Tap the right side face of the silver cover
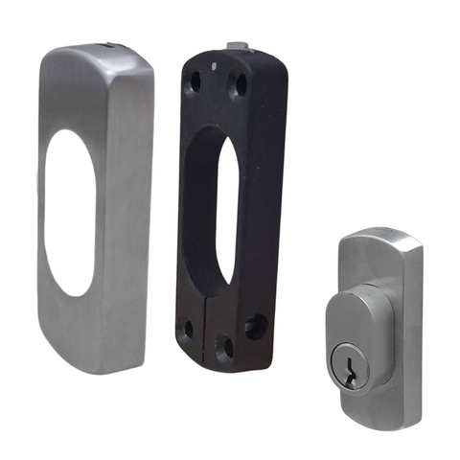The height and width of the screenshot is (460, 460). (x=134, y=206)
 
